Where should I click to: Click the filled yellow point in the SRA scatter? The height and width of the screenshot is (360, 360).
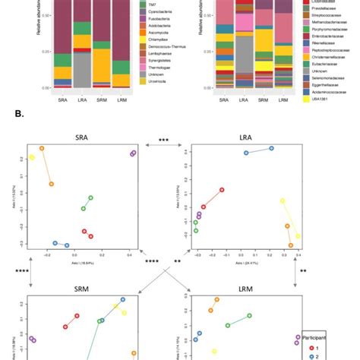pyautogui.click(x=32, y=158)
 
